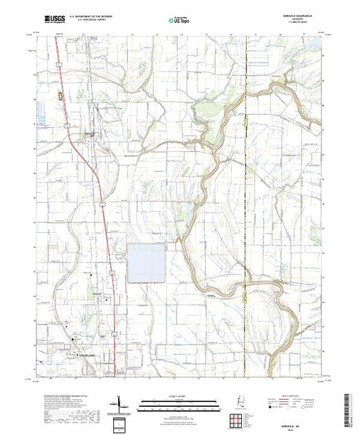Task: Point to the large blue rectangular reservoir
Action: pos(146,262)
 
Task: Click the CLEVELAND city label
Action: pos(86,356)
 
